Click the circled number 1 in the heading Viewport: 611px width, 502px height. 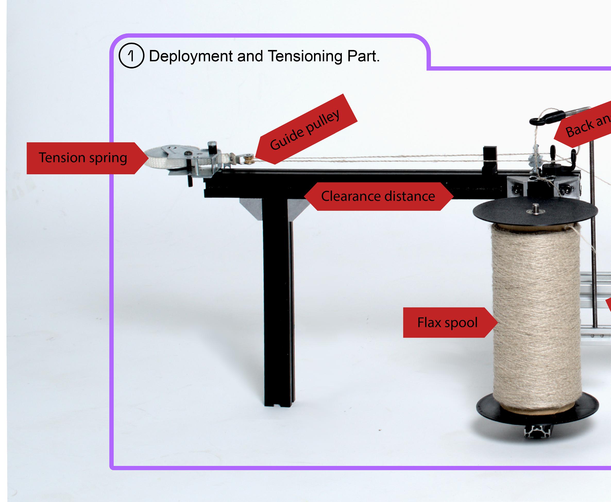131,56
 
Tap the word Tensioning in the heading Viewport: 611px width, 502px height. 305,56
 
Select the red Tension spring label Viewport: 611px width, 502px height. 83,158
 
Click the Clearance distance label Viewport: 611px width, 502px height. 378,196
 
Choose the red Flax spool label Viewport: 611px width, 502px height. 447,322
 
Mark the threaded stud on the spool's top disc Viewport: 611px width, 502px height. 535,207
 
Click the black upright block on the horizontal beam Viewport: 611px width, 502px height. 489,159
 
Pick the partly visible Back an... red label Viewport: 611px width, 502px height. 587,124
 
